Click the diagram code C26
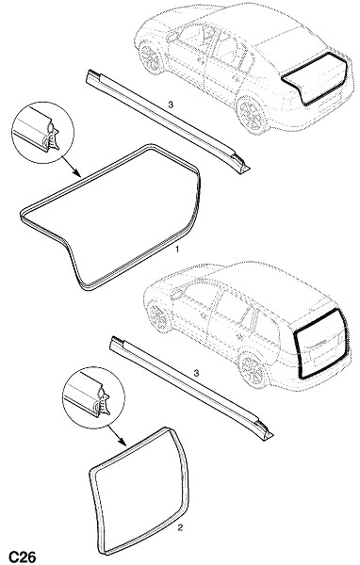[22, 557]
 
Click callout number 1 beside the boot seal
[177, 249]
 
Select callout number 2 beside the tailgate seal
[180, 528]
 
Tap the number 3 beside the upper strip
[171, 105]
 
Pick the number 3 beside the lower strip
[196, 373]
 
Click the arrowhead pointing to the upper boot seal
[77, 173]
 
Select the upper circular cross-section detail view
[42, 133]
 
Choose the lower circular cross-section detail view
[93, 398]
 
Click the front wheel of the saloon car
[150, 56]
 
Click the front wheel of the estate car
[158, 315]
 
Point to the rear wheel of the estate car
[253, 369]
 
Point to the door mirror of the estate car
[177, 294]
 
